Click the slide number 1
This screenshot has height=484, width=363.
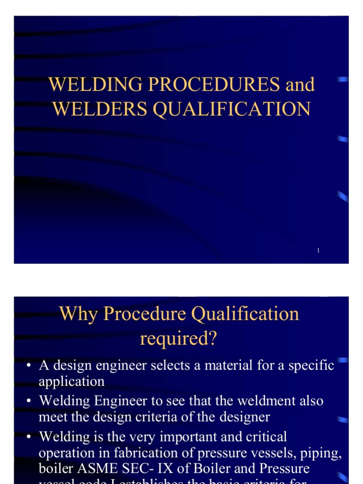[319, 250]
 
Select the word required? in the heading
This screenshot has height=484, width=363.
[178, 338]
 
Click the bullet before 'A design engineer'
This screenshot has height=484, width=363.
[29, 366]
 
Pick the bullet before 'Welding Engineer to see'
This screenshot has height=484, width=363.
[29, 401]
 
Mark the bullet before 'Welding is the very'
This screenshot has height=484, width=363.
[29, 437]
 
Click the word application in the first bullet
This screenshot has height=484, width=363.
[71, 381]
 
